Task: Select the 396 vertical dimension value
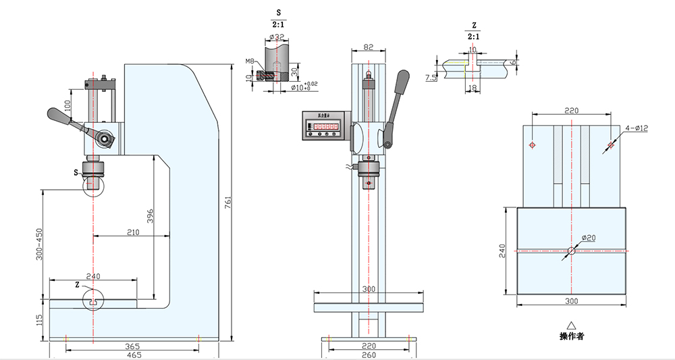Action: point(151,215)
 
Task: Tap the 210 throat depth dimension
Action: point(132,232)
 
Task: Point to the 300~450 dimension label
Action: point(39,243)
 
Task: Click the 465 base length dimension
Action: point(133,354)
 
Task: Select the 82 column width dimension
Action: point(368,47)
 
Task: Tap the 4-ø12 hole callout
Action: point(637,128)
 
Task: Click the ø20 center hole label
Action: point(589,237)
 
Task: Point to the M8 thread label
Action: point(250,61)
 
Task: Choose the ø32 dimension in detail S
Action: point(278,37)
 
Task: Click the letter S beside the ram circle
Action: point(76,173)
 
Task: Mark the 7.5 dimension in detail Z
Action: point(431,78)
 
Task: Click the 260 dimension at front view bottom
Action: point(368,354)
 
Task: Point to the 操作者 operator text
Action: point(571,336)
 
